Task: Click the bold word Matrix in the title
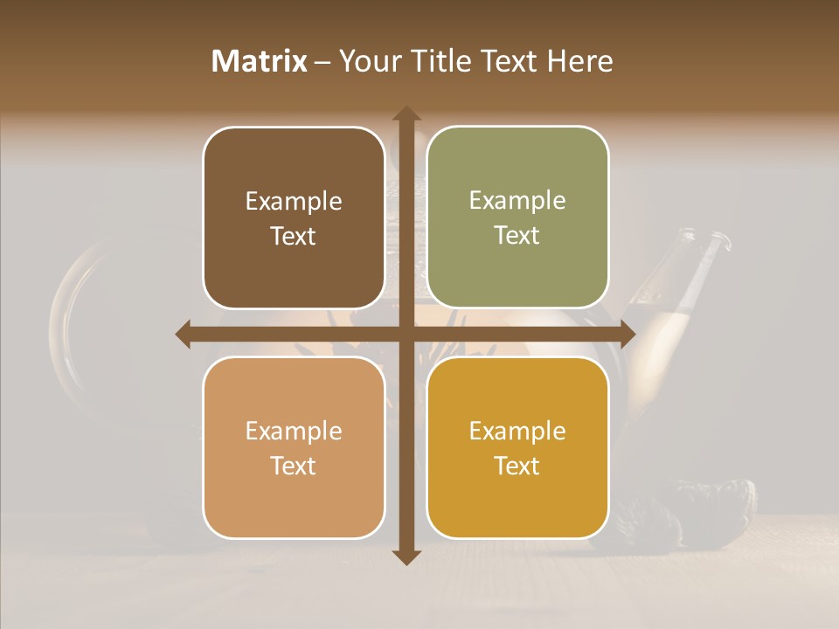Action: (260, 61)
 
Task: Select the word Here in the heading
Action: (579, 61)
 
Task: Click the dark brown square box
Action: (294, 218)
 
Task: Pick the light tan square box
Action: (294, 447)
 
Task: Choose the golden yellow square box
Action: (517, 447)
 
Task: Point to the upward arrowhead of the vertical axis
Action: (406, 114)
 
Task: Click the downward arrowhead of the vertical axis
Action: (406, 556)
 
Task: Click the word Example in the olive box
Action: (517, 200)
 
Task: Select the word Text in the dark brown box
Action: (294, 236)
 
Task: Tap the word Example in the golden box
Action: (517, 431)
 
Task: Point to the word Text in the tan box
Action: (294, 466)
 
